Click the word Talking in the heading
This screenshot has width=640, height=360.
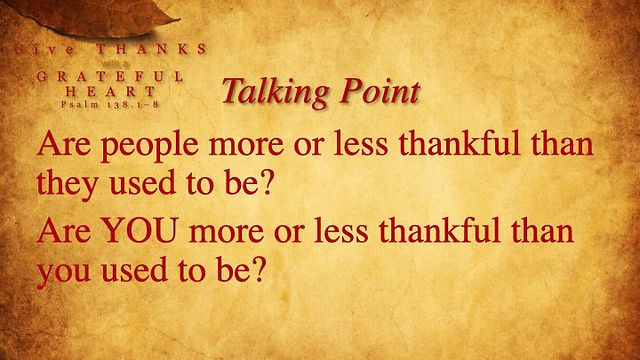(275, 92)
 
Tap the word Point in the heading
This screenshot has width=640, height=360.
(380, 91)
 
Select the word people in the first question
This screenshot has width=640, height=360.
(149, 146)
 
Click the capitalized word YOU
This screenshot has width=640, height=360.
(140, 230)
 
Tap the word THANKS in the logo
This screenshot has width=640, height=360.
(152, 49)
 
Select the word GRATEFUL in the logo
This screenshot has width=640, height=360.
(110, 76)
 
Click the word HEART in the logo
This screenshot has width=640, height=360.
(111, 91)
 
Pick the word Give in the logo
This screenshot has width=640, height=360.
(44, 50)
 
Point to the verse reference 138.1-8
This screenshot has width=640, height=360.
(133, 105)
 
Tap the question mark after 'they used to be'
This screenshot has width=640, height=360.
(266, 182)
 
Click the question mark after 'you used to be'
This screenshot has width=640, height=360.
(259, 270)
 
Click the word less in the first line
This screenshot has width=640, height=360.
(361, 144)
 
